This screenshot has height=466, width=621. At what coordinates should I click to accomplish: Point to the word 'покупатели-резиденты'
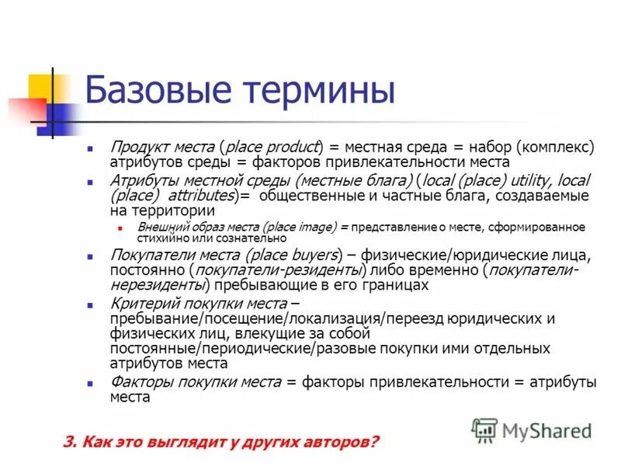(279, 270)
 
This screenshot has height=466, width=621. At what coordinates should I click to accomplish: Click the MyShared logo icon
(484, 429)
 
